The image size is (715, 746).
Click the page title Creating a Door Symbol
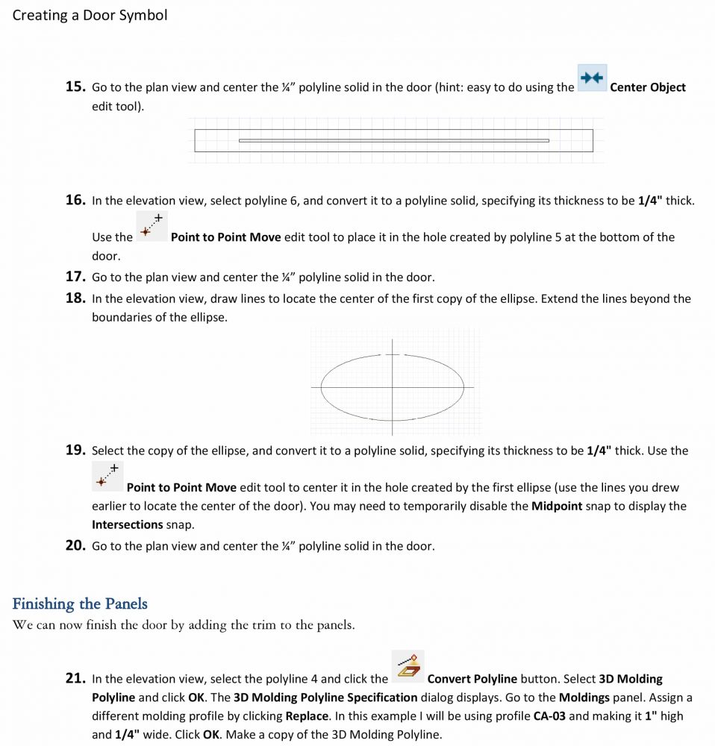click(90, 15)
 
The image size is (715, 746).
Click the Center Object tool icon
click(592, 78)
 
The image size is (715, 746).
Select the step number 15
click(75, 87)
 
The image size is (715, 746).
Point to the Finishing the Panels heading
click(80, 604)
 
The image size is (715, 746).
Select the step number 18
click(75, 298)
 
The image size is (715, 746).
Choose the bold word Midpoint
click(556, 506)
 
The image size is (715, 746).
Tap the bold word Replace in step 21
click(307, 715)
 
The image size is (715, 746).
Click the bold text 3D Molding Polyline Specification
click(325, 698)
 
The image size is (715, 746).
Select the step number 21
click(75, 678)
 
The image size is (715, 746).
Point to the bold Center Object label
click(647, 87)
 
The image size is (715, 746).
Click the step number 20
click(75, 545)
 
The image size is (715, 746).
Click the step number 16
click(75, 200)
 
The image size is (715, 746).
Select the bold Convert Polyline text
click(472, 679)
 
